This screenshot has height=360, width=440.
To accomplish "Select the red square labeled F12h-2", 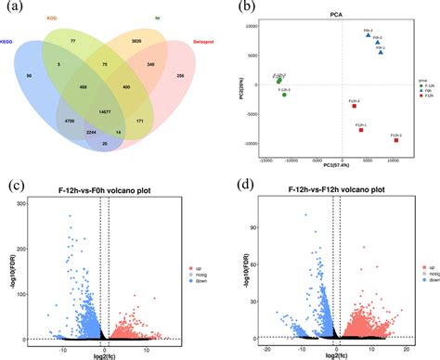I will (x=397, y=140).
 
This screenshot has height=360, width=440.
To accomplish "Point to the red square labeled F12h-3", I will (x=355, y=106).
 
